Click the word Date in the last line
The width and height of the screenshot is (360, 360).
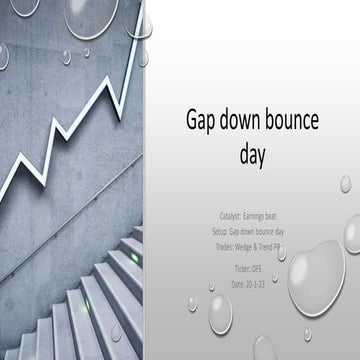coord(239,284)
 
